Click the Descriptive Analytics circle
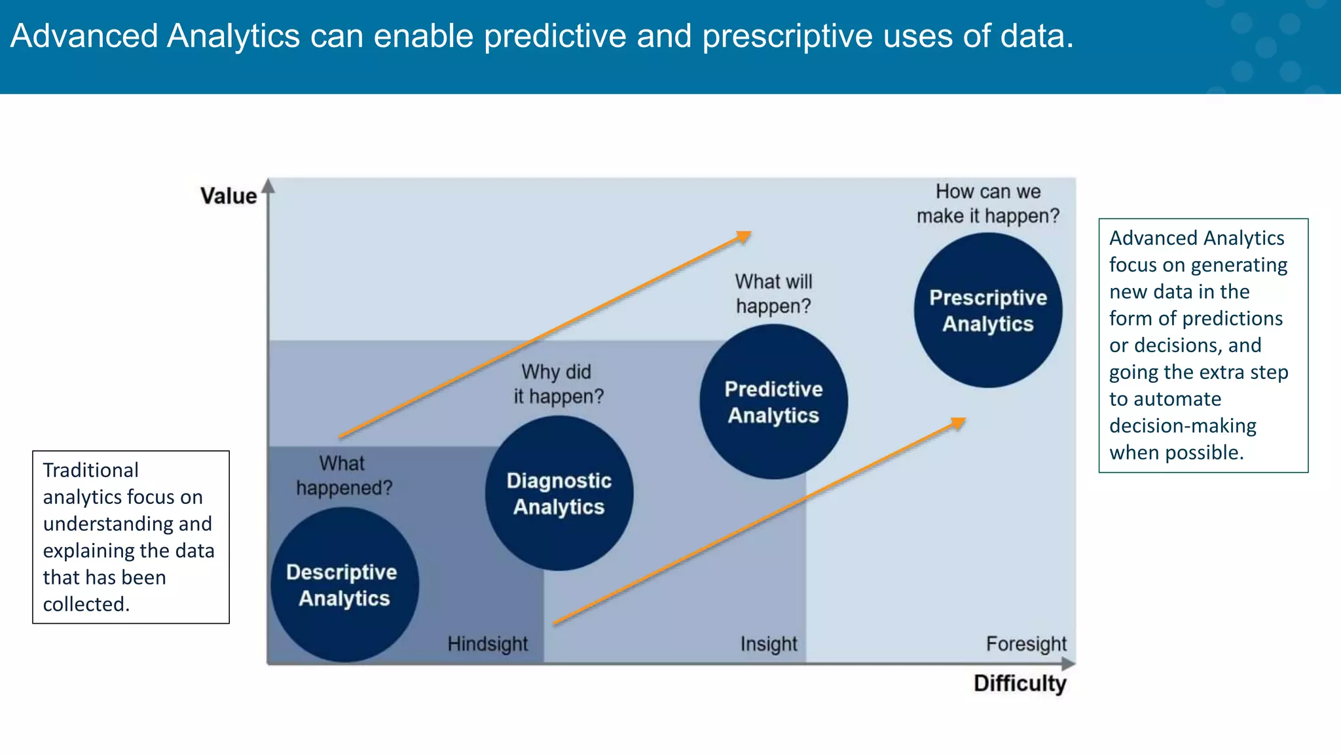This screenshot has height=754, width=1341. pyautogui.click(x=344, y=584)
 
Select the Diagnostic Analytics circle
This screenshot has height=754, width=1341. pyautogui.click(x=559, y=494)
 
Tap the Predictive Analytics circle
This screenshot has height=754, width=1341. pyautogui.click(x=773, y=402)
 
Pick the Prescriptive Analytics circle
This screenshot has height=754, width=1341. pyautogui.click(x=987, y=310)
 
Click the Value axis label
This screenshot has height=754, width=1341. pyautogui.click(x=229, y=196)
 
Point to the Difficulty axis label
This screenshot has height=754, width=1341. pyautogui.click(x=1020, y=683)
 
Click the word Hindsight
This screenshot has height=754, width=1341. pyautogui.click(x=487, y=644)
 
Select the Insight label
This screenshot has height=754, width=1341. pyautogui.click(x=769, y=644)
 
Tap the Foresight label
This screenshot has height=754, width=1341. pyautogui.click(x=1026, y=644)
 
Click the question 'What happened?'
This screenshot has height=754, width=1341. pyautogui.click(x=344, y=476)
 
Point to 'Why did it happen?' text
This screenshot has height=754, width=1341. pyautogui.click(x=558, y=384)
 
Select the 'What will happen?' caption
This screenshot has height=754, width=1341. pyautogui.click(x=773, y=294)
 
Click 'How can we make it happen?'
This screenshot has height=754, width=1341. pyautogui.click(x=987, y=204)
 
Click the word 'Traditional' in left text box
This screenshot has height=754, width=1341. pyautogui.click(x=90, y=470)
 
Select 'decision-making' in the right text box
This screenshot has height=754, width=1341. pyautogui.click(x=1183, y=425)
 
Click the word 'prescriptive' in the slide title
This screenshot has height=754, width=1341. pyautogui.click(x=787, y=36)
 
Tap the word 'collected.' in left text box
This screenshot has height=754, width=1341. pyautogui.click(x=86, y=604)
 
